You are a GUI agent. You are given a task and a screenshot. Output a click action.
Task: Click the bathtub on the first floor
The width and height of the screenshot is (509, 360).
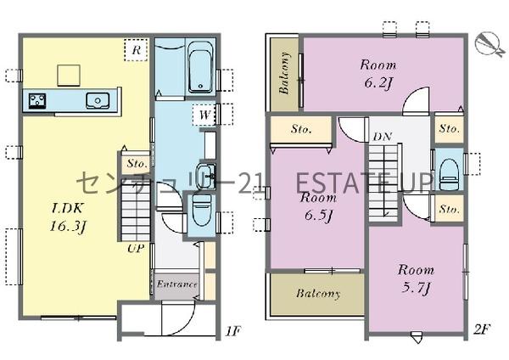coord(200,67)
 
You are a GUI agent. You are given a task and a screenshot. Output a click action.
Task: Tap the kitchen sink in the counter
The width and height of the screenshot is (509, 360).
coord(98,100)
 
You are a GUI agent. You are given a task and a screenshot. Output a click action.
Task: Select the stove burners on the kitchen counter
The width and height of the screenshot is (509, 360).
coord(37,101)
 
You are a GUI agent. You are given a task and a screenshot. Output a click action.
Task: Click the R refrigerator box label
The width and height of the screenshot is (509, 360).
coord(137,50)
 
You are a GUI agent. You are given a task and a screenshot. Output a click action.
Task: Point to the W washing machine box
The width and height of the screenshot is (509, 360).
coord(204,115)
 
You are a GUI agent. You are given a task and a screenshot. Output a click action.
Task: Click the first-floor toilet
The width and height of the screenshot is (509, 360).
coord(202,210)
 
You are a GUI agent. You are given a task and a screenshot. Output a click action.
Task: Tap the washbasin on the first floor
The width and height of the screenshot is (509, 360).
coord(206,172)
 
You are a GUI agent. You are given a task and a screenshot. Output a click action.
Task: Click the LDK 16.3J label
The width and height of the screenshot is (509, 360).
coord(68,217)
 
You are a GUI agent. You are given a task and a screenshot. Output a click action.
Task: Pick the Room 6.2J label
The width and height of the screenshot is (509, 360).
coord(378,74)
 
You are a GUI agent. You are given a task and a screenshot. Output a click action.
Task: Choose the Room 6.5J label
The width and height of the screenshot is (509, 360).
coord(318,206)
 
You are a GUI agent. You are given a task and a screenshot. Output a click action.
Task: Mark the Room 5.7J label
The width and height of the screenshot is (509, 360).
coord(416,278)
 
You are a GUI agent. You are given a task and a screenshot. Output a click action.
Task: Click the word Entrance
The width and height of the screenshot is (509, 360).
coord(176,284)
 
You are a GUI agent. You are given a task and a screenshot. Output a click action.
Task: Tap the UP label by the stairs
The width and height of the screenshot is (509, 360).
coord(136,249)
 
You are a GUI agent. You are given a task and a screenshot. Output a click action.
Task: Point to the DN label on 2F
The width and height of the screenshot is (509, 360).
coord(383,137)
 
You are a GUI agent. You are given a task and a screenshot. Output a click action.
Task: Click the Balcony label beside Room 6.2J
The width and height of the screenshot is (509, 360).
coord(285,73)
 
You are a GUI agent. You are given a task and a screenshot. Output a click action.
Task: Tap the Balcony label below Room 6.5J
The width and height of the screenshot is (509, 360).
coord(318,294)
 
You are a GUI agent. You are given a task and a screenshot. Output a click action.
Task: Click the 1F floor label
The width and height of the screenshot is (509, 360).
coord(232,332)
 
